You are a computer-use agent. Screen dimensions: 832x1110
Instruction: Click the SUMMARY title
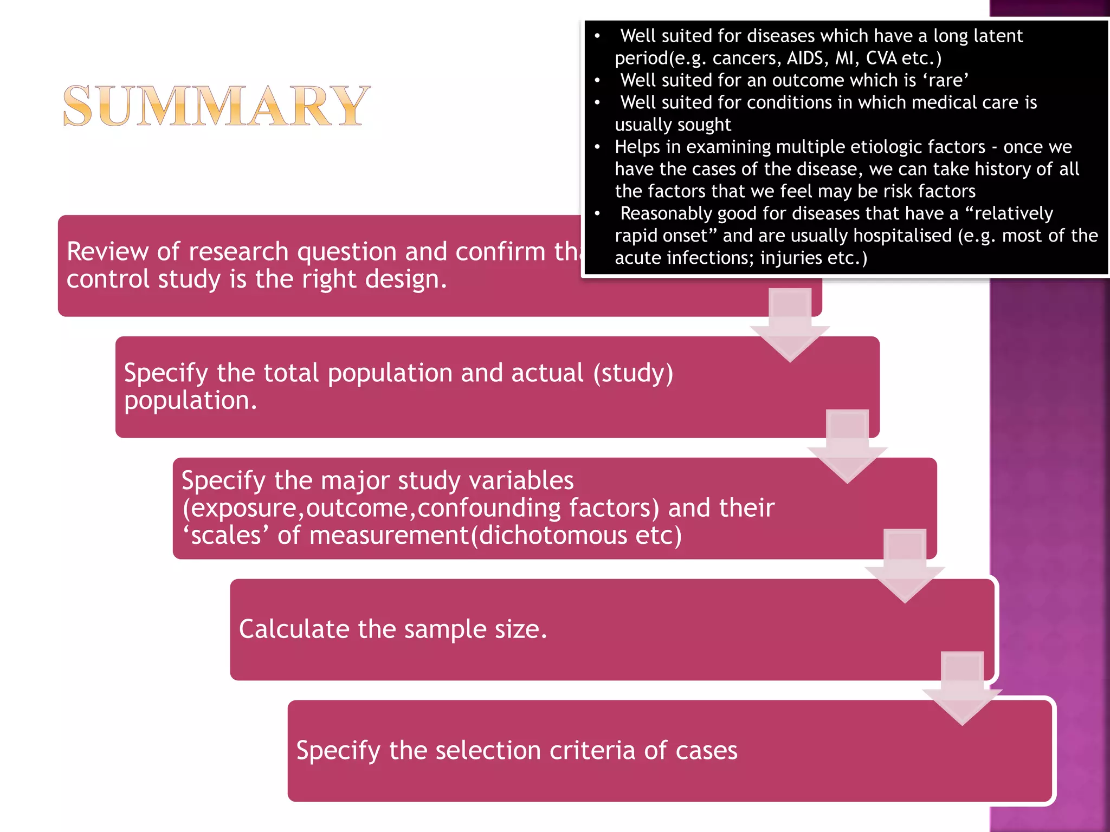(217, 106)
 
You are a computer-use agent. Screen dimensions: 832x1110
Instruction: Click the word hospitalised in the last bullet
(898, 236)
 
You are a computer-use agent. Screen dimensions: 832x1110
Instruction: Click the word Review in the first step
(108, 251)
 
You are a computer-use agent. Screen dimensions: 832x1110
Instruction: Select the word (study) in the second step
(633, 373)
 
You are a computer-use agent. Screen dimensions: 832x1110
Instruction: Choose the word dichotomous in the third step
(553, 536)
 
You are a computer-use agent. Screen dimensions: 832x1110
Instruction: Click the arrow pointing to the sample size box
(905, 566)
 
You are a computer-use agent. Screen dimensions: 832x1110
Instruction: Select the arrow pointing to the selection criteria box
(962, 688)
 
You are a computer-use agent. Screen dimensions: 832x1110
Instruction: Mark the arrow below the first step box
(790, 324)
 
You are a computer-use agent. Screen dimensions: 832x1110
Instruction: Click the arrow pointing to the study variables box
(847, 446)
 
